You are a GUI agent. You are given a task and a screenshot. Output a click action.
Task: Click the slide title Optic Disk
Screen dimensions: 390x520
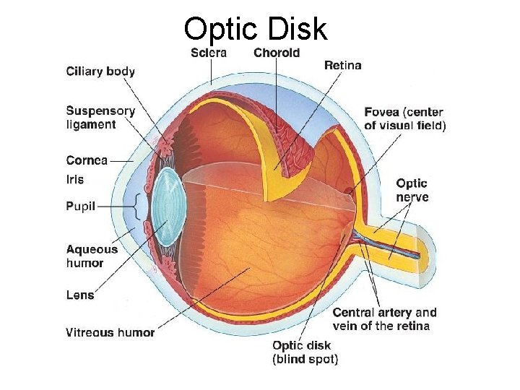[x=255, y=29]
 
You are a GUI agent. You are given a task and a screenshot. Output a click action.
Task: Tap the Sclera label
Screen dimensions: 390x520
[x=209, y=53]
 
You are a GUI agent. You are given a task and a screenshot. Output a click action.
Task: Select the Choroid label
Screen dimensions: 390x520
[x=277, y=53]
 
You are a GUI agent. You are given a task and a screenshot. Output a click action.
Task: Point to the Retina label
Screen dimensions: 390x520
[x=343, y=66]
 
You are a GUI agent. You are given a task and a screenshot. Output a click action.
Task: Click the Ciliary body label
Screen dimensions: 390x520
[x=100, y=71]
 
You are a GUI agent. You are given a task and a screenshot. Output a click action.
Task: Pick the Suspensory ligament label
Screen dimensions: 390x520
[x=100, y=118]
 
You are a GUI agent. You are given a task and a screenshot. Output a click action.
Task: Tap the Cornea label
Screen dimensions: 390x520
[x=87, y=160]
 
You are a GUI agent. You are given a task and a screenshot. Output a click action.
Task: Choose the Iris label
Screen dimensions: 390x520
[x=75, y=179]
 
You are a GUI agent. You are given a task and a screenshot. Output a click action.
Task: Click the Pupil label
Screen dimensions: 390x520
[x=80, y=207]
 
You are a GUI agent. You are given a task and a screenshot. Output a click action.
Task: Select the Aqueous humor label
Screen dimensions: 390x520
[x=92, y=256]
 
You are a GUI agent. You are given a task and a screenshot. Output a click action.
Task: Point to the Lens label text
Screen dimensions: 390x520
[x=79, y=295]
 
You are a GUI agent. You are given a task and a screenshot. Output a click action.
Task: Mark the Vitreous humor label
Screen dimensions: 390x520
[x=110, y=332]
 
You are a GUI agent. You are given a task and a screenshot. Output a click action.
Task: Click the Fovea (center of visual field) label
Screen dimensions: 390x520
[x=405, y=118]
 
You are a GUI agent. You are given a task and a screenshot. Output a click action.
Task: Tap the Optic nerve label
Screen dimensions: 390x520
[x=412, y=190]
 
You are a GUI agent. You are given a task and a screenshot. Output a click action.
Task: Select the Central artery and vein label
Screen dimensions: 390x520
[x=384, y=319]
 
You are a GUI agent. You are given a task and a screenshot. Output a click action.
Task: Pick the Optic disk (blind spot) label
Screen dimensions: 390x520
[x=305, y=352]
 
